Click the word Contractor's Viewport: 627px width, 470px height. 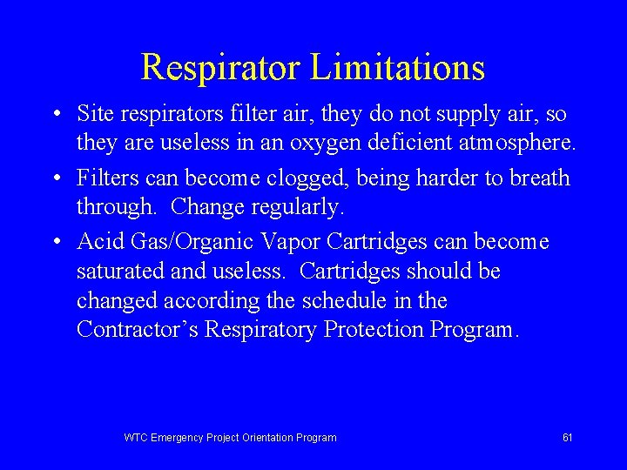[137, 330]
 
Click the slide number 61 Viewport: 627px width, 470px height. [567, 438]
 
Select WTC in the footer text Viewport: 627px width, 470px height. [136, 438]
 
